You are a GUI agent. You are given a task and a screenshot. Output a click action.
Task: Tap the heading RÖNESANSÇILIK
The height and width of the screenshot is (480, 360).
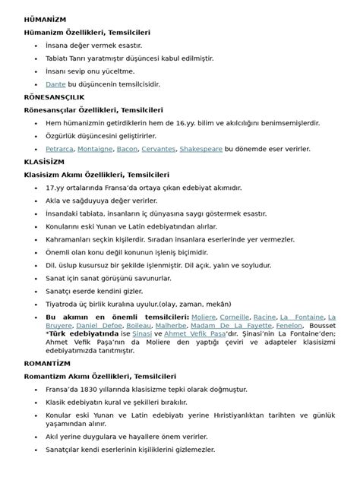[x=55, y=97]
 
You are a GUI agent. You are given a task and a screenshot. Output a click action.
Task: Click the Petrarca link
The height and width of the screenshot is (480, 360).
[x=59, y=149]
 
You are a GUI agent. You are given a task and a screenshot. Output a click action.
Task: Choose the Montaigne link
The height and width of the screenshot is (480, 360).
[x=95, y=149]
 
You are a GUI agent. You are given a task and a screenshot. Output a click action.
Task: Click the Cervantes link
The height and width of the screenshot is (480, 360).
[x=159, y=149]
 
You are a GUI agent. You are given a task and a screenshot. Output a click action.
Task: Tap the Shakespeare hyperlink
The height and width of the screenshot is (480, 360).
[x=201, y=149]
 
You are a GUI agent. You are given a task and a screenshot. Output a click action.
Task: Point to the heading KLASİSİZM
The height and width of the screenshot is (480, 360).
[x=46, y=162]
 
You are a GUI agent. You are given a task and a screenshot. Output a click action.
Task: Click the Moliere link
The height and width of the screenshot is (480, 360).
[x=204, y=316]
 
